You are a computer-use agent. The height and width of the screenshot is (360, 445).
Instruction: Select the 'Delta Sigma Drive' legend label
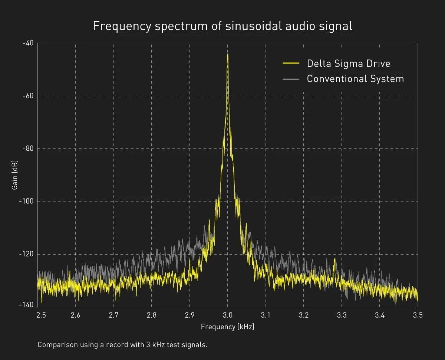(x=349, y=63)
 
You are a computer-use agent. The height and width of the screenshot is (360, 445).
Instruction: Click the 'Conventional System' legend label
(x=355, y=79)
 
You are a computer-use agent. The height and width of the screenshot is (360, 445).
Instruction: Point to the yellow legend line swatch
(x=291, y=63)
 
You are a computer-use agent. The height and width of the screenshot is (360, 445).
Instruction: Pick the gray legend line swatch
(x=291, y=79)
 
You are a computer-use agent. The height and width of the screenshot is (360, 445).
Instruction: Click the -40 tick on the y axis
(x=28, y=43)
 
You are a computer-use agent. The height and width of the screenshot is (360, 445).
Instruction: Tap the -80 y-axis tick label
(x=28, y=149)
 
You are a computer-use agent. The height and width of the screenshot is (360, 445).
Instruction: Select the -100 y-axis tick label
(x=26, y=201)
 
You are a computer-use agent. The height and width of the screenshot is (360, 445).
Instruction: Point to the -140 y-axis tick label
(x=26, y=305)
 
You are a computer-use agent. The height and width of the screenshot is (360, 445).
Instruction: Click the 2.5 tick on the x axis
(x=41, y=315)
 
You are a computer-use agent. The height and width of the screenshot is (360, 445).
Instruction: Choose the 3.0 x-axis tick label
(x=228, y=315)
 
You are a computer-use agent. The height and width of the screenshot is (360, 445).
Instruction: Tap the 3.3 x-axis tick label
(x=342, y=315)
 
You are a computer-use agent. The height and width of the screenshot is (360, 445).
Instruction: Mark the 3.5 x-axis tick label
(x=418, y=315)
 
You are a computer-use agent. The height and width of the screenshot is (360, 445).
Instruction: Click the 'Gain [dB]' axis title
(x=14, y=175)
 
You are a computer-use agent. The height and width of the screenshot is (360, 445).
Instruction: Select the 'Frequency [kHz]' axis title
(x=228, y=327)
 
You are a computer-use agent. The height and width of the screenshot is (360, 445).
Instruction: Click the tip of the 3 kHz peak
(x=228, y=54)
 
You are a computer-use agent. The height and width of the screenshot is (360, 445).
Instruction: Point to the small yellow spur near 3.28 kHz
(x=334, y=259)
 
